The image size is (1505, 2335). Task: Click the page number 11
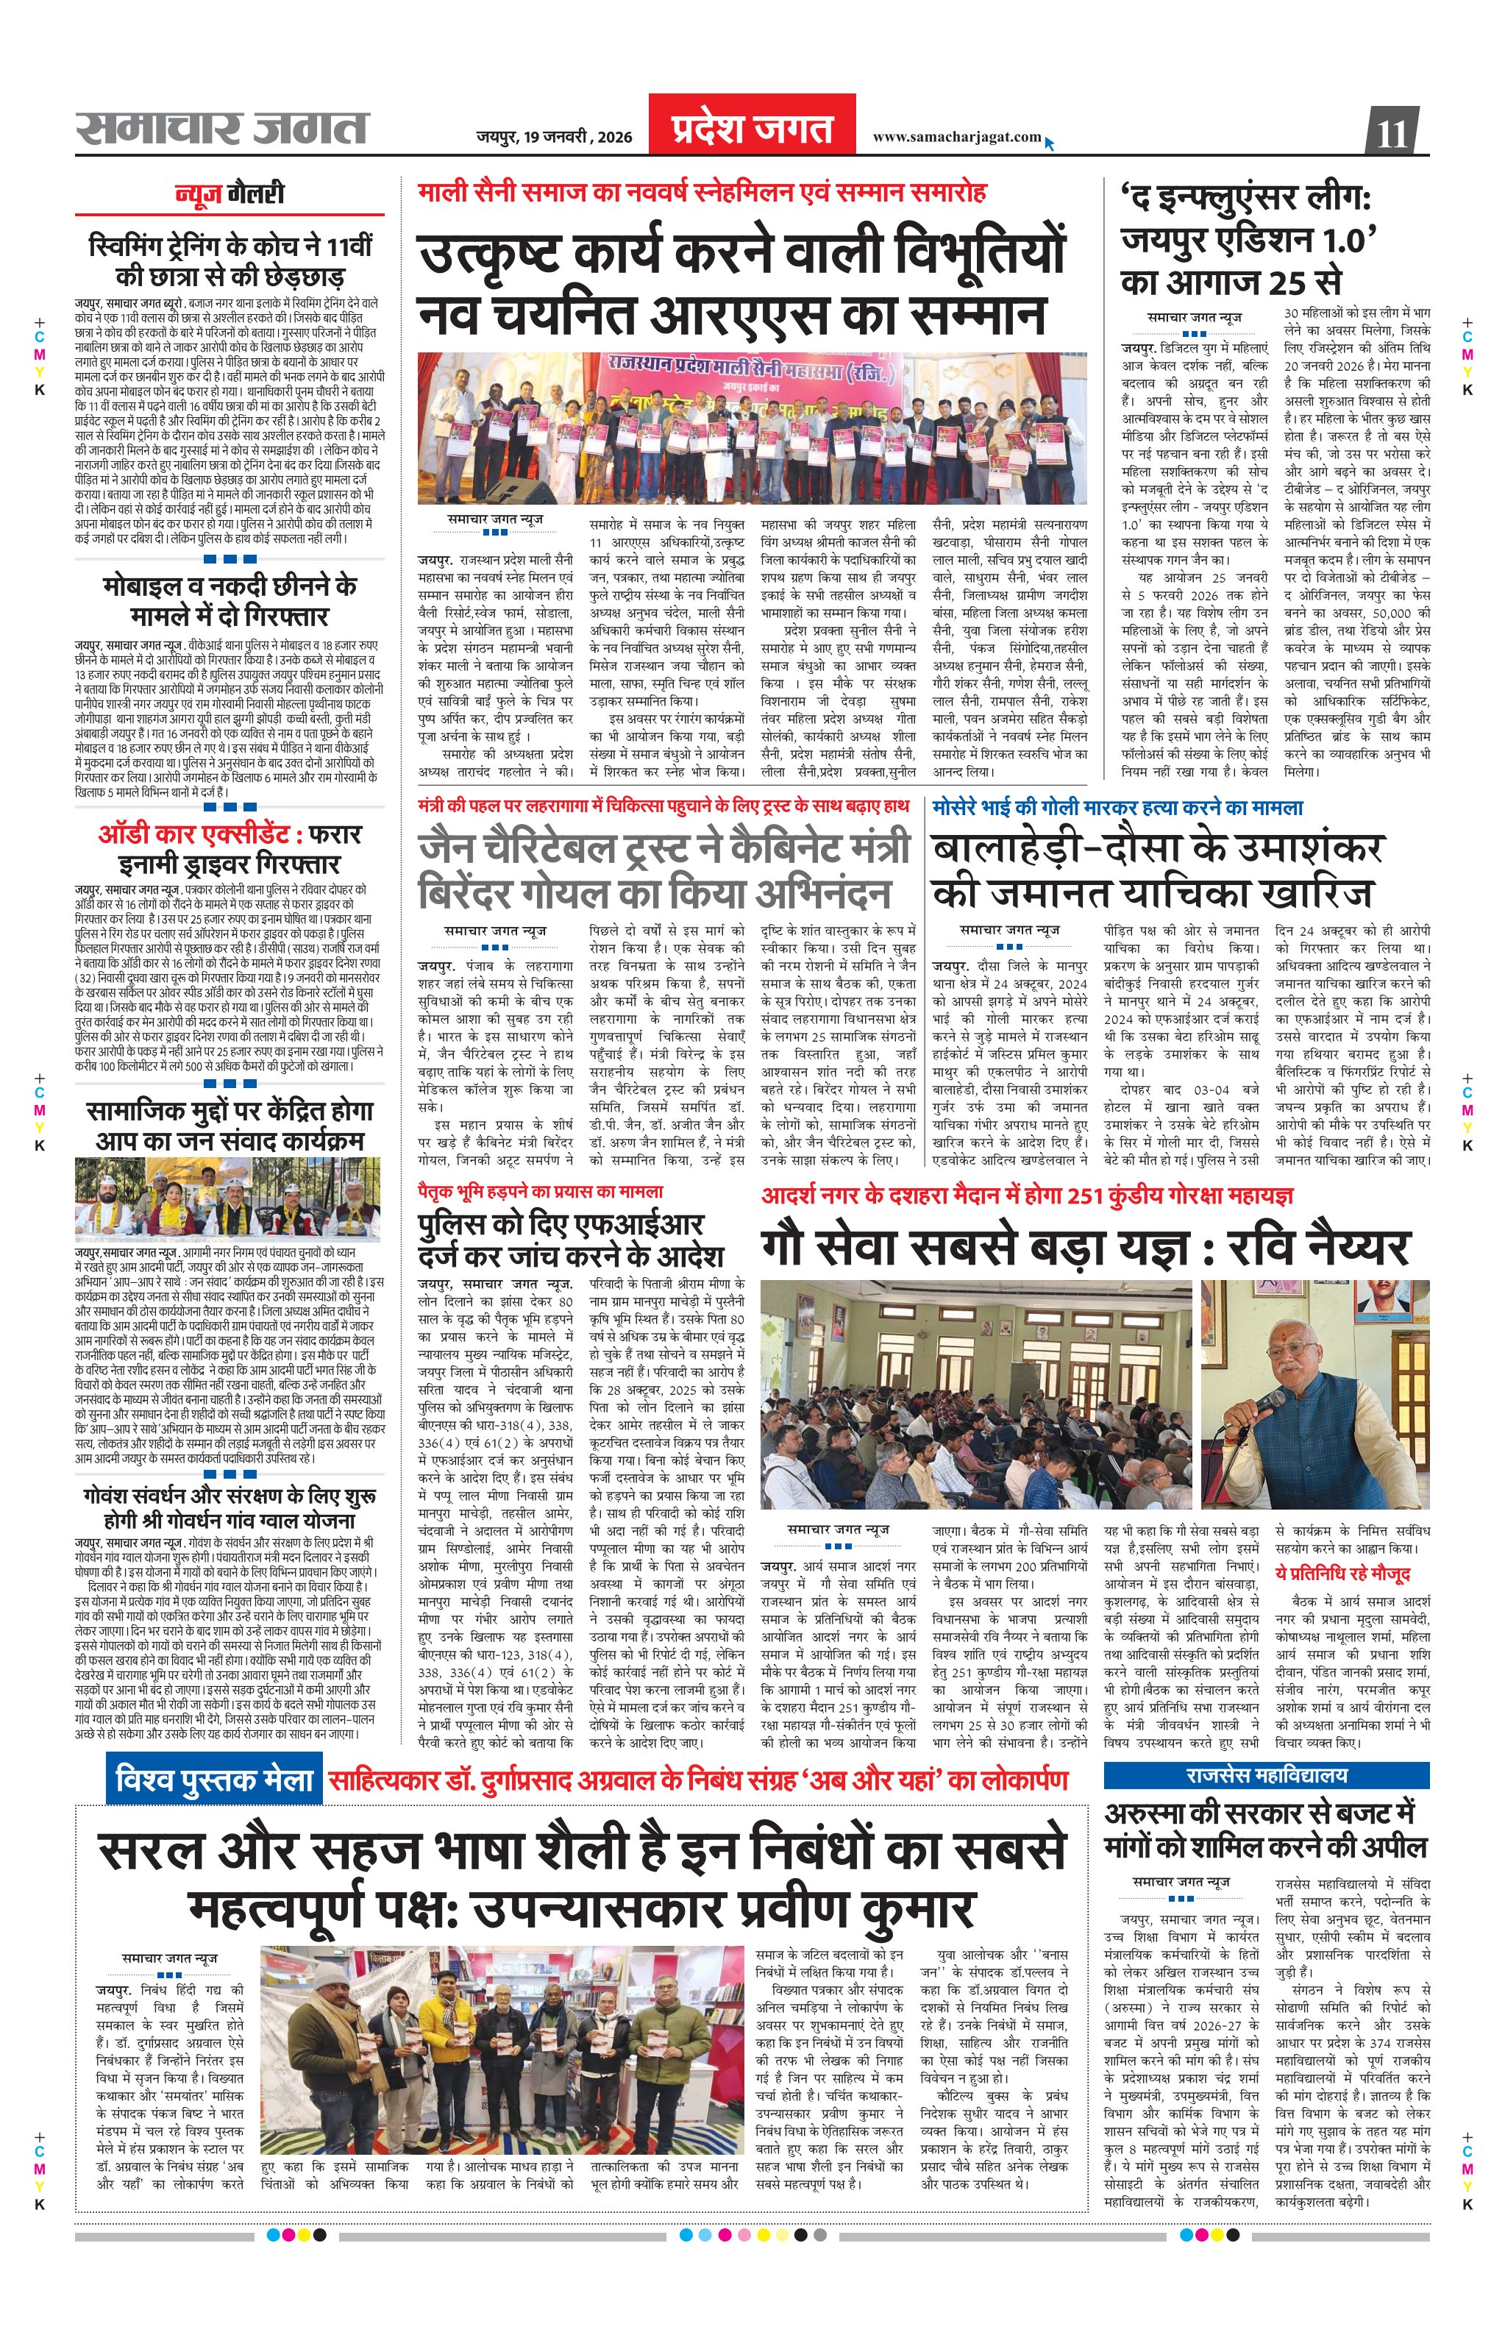1392,131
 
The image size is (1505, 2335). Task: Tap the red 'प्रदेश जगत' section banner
752,127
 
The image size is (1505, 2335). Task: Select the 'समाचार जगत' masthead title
223,129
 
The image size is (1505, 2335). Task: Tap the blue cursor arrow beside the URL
1050,143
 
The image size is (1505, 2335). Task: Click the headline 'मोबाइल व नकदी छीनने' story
230,600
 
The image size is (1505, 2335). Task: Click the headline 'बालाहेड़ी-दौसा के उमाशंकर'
1156,869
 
